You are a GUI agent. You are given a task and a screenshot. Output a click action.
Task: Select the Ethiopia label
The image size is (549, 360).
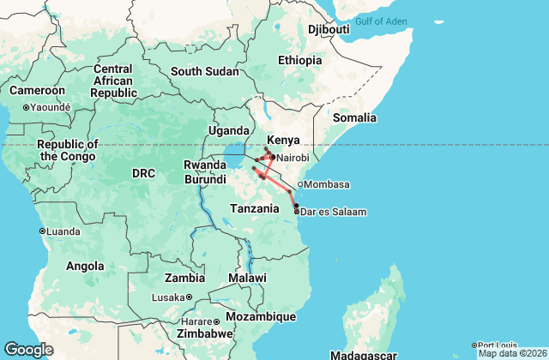click(299, 60)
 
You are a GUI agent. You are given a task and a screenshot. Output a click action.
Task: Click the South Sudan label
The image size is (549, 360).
click(204, 71)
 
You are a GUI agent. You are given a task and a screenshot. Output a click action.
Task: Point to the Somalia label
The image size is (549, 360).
click(355, 117)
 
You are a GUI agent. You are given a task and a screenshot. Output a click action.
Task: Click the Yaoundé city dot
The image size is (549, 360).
click(27, 107)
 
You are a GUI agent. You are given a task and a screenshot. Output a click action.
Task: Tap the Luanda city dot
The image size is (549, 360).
click(42, 231)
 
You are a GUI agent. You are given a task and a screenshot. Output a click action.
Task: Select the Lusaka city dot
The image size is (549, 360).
click(189, 297)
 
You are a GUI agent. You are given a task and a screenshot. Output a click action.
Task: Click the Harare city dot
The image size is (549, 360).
click(217, 321)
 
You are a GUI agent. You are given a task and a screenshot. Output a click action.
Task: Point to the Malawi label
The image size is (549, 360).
click(247, 279)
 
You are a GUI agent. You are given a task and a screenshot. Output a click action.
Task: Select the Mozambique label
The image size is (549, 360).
click(262, 316)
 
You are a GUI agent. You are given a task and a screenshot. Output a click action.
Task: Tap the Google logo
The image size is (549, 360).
click(29, 349)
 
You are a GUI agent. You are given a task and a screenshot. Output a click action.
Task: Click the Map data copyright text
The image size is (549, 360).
click(512, 353)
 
